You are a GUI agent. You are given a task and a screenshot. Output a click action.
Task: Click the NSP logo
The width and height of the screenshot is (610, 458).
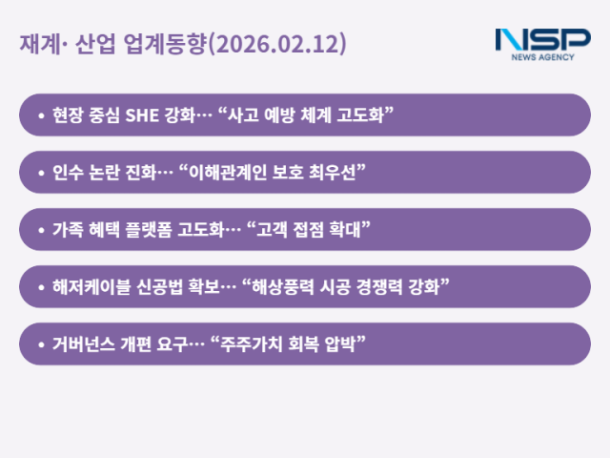542,41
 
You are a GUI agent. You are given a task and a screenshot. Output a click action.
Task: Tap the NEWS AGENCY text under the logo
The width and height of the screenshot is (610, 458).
543,57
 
